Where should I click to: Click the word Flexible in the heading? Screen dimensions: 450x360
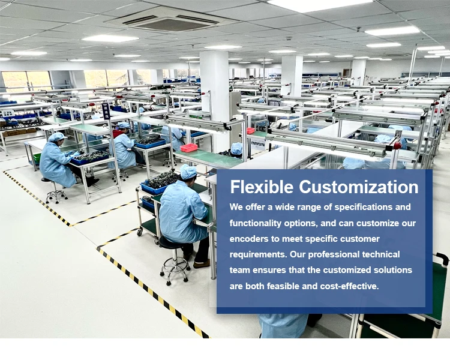pyautogui.click(x=262, y=187)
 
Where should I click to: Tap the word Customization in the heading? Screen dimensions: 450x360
pyautogui.click(x=359, y=187)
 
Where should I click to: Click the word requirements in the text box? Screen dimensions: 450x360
pyautogui.click(x=258, y=255)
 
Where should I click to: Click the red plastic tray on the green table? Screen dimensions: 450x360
pyautogui.click(x=189, y=148)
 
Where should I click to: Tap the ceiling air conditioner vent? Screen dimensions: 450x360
pyautogui.click(x=171, y=21)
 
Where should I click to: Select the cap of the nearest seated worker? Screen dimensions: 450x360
pyautogui.click(x=188, y=172)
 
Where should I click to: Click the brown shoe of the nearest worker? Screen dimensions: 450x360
pyautogui.click(x=202, y=263)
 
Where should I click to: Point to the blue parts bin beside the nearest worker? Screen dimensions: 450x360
pyautogui.click(x=154, y=188)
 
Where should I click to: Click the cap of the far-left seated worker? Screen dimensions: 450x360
pyautogui.click(x=56, y=137)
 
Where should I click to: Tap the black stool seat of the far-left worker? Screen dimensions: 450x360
pyautogui.click(x=46, y=180)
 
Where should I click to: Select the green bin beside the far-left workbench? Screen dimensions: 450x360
pyautogui.click(x=37, y=158)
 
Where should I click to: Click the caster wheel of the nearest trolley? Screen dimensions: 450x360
pyautogui.click(x=140, y=232)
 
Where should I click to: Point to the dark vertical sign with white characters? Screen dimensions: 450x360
pyautogui.click(x=106, y=111)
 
